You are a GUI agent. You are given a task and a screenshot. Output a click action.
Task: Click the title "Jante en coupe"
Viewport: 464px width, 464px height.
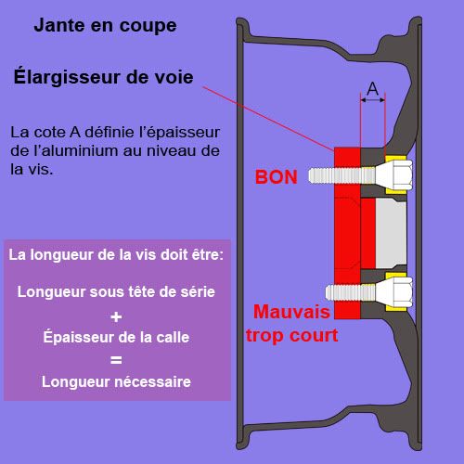[x=105, y=25]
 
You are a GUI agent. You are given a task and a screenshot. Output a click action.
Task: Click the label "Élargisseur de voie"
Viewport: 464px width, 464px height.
[x=104, y=77]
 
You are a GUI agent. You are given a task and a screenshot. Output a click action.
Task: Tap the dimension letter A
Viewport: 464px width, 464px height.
[x=373, y=89]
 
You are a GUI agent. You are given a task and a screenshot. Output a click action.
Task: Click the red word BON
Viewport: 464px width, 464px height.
[x=277, y=177]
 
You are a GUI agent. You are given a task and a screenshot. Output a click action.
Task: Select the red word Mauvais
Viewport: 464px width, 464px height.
[x=291, y=312]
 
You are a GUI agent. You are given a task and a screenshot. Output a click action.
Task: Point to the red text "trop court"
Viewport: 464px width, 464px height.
[x=291, y=335]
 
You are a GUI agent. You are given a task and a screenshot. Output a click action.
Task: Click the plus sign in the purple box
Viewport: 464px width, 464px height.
[x=116, y=316]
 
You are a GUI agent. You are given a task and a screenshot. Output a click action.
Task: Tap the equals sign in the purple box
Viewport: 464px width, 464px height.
[x=116, y=360]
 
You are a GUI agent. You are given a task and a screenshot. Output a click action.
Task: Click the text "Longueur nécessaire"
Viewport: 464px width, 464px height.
[x=116, y=381]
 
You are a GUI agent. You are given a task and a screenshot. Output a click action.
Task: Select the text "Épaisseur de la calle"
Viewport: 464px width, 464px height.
[x=116, y=337]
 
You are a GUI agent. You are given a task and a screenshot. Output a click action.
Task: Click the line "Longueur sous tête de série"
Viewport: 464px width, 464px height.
[x=116, y=291]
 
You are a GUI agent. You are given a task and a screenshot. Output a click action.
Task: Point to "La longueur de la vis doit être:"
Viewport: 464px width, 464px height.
[x=116, y=255]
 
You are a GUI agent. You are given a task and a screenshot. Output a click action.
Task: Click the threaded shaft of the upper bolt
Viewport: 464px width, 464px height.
[x=342, y=175]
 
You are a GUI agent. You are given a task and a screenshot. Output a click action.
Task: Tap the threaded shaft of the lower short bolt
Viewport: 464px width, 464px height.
[x=351, y=292]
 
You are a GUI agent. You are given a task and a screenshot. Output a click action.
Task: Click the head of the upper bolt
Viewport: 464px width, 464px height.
[x=394, y=175]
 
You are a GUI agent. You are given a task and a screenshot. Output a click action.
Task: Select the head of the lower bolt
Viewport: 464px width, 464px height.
[x=394, y=292]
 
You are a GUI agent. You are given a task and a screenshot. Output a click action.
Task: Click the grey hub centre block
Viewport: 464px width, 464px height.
[x=391, y=233]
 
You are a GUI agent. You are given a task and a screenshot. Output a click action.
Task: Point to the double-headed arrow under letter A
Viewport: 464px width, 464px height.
[x=373, y=100]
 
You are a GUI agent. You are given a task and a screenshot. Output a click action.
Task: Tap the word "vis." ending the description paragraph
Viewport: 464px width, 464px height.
[x=42, y=170]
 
